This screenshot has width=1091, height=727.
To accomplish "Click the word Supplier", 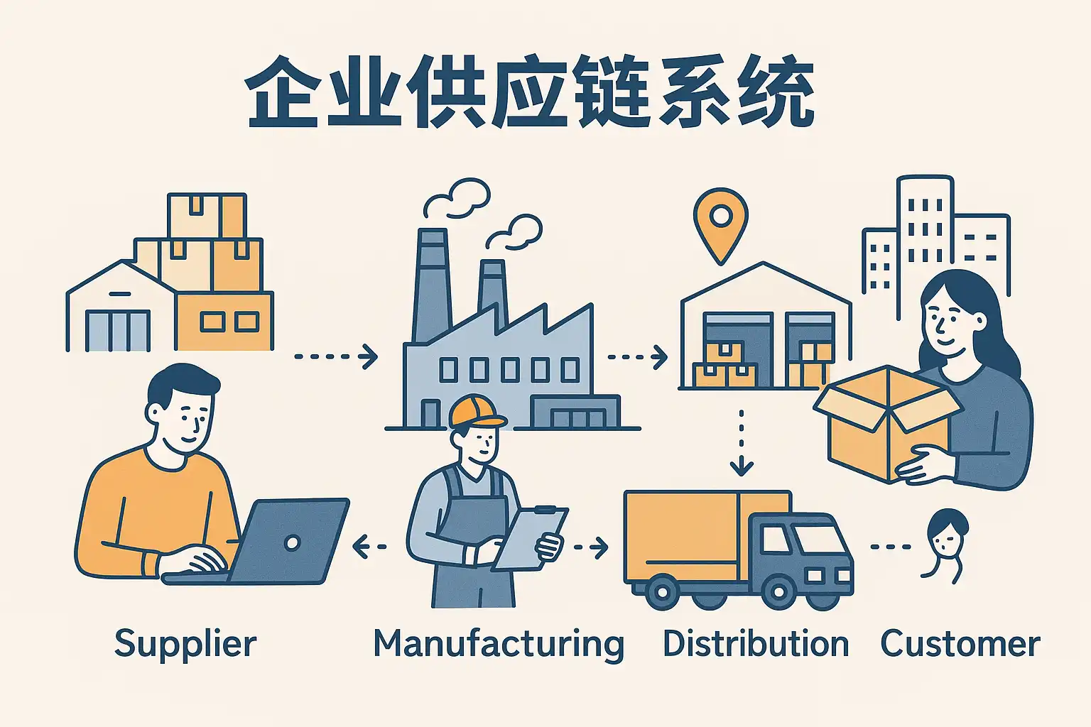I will coord(185,644).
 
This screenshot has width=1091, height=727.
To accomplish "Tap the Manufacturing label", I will coord(498,644).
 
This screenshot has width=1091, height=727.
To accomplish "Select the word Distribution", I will coord(755,644).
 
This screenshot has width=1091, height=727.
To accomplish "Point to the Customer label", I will coord(960,644).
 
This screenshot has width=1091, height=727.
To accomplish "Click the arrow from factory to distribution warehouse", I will coord(637,356).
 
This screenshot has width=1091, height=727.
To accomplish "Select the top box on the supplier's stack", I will coord(207,215).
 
